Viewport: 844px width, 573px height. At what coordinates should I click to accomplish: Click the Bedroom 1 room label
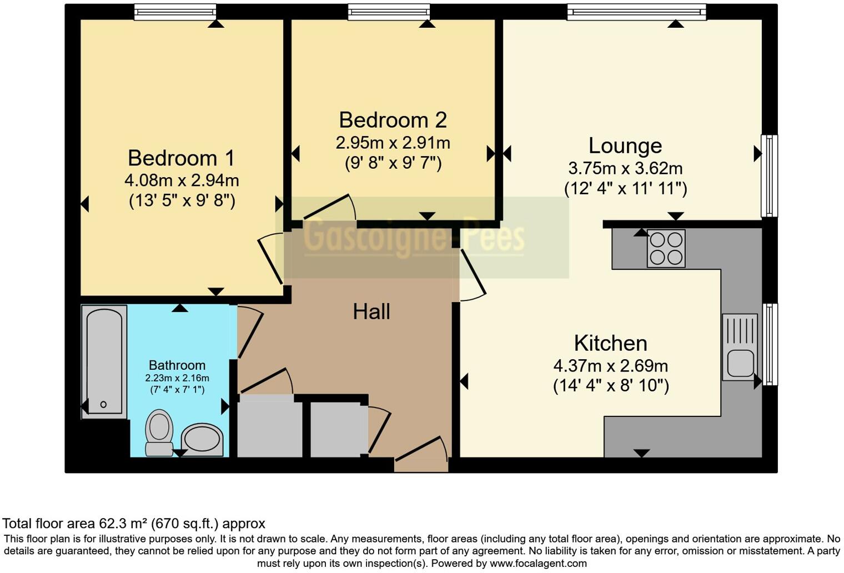coord(181,158)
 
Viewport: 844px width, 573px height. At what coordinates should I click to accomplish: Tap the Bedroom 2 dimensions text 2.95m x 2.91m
coord(393,143)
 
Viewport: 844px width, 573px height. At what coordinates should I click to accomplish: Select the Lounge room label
coord(625,146)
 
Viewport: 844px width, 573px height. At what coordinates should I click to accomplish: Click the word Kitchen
coord(610,343)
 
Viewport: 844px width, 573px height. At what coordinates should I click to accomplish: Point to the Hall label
coord(371,312)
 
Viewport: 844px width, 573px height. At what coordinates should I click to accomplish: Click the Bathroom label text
coord(177,365)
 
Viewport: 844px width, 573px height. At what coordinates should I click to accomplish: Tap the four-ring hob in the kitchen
coord(666,248)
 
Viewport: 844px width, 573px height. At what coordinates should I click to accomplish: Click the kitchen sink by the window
coord(740,347)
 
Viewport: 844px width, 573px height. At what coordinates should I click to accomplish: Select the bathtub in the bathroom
coord(104,361)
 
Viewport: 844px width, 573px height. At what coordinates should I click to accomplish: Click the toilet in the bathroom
coord(159,433)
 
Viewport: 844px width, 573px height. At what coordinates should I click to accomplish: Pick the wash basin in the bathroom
coord(203,440)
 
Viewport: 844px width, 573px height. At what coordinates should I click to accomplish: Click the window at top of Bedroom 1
coord(175,12)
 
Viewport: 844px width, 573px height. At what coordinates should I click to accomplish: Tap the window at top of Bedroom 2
coord(389,12)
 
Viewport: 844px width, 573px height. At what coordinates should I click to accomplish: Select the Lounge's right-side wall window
coord(769,175)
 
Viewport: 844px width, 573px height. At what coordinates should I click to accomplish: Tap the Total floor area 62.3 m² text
coord(134,524)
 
